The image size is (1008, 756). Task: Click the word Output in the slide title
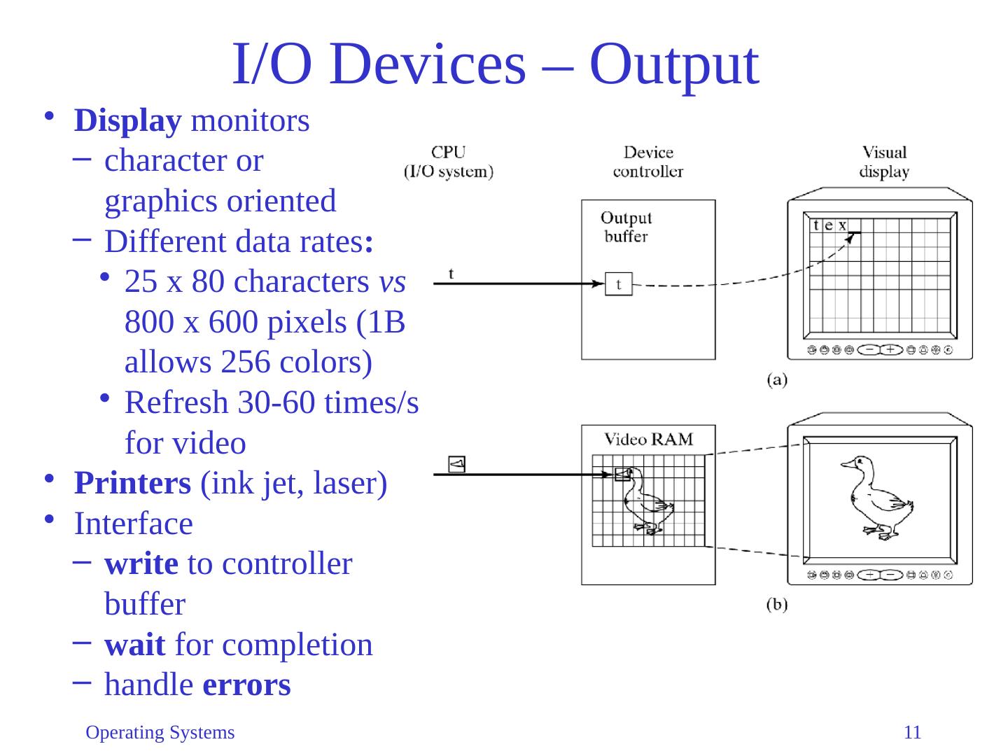pyautogui.click(x=673, y=66)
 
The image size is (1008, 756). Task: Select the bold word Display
pyautogui.click(x=127, y=122)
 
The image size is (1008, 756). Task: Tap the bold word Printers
pyautogui.click(x=133, y=484)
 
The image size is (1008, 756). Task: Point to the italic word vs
pyautogui.click(x=392, y=283)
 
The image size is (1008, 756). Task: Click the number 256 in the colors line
pyautogui.click(x=246, y=363)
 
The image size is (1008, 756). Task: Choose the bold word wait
pyautogui.click(x=135, y=645)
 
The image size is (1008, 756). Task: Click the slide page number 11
pyautogui.click(x=912, y=733)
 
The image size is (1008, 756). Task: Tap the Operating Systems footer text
pyautogui.click(x=160, y=733)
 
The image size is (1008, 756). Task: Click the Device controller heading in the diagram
pyautogui.click(x=648, y=162)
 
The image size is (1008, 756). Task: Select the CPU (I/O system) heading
pyautogui.click(x=449, y=162)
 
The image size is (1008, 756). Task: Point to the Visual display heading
pyautogui.click(x=884, y=162)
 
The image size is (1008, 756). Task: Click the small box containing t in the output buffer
pyautogui.click(x=619, y=284)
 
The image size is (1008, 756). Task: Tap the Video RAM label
pyautogui.click(x=648, y=440)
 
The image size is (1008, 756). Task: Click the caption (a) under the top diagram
pyautogui.click(x=777, y=379)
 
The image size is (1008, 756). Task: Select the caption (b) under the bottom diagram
pyautogui.click(x=777, y=605)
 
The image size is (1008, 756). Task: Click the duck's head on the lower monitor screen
pyautogui.click(x=857, y=464)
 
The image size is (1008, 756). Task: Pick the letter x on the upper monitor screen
pyautogui.click(x=842, y=225)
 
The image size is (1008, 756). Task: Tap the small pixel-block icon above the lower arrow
pyautogui.click(x=456, y=465)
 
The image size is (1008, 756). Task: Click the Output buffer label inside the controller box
pyautogui.click(x=626, y=227)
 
